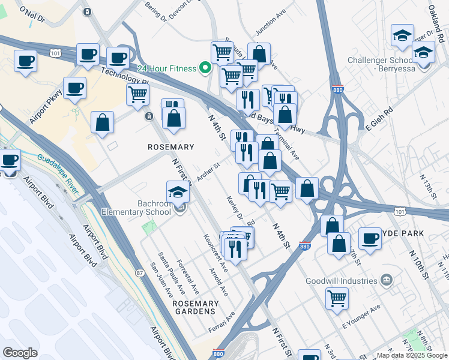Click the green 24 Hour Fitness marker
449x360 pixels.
pos(205,68)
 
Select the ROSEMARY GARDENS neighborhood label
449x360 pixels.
pos(194,307)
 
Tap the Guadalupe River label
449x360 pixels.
pos(58,175)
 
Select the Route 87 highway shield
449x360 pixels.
pos(140,273)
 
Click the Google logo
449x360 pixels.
pos(20,352)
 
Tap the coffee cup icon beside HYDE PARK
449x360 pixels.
pos(370,238)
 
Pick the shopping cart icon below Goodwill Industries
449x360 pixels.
pos(337,298)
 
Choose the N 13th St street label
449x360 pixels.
pos(426,187)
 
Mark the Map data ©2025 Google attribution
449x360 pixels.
pos(411,355)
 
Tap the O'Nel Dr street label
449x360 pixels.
pos(32,14)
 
